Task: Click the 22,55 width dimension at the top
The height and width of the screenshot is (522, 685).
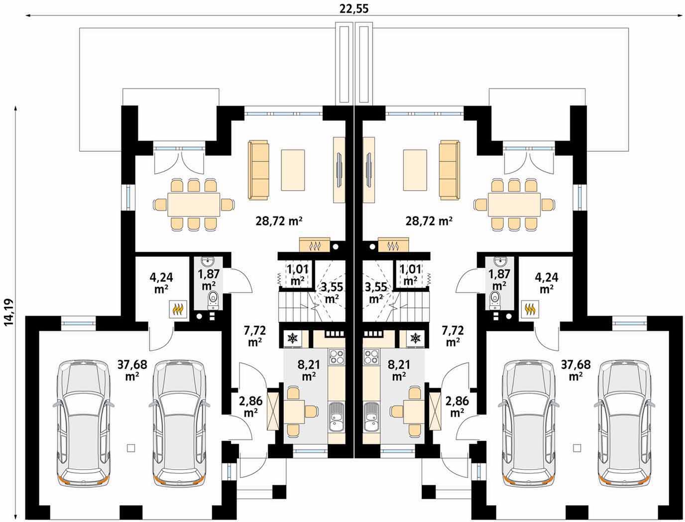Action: coord(354,9)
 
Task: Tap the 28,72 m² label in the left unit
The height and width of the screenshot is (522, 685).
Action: coord(279,221)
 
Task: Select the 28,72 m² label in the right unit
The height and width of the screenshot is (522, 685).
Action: coord(429,221)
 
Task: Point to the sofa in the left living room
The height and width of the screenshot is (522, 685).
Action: coord(258,170)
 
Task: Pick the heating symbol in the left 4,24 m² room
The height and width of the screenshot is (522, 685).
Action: coord(178,309)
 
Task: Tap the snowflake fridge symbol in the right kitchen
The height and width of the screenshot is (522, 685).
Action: coord(415,338)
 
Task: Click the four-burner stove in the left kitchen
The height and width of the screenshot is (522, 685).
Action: coord(337,357)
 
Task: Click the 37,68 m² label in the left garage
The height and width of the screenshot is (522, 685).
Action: coord(132,370)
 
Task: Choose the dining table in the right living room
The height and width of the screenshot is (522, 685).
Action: coord(514,205)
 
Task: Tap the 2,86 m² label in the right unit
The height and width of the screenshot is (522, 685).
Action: coord(457,406)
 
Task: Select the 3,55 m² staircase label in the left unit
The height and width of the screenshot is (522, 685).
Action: coord(332,292)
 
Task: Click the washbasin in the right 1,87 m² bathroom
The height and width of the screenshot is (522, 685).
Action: coord(501,261)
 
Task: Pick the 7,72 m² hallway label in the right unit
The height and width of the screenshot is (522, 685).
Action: coord(453,336)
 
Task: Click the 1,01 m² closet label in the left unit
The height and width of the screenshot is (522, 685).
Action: coord(298,275)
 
